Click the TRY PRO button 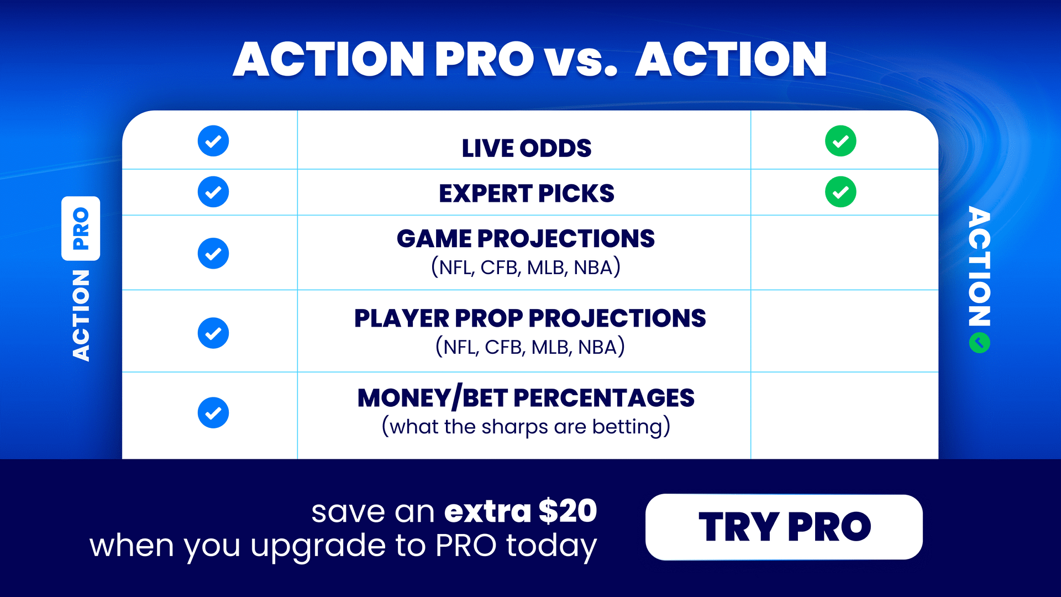[x=784, y=527]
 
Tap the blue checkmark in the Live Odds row [x=213, y=142]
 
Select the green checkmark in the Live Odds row [x=841, y=142]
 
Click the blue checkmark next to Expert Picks [x=213, y=192]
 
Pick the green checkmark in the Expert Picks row [x=841, y=192]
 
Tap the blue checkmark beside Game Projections [x=213, y=254]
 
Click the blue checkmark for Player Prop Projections [x=213, y=333]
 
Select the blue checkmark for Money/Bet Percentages [x=213, y=413]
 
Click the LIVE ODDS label [x=526, y=148]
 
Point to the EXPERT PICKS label [x=526, y=193]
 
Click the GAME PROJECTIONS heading [x=526, y=239]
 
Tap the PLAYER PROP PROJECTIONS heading [x=530, y=318]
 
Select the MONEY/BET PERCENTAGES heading [x=526, y=398]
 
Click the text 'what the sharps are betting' [x=526, y=427]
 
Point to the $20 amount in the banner [x=568, y=511]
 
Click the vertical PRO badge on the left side [x=81, y=228]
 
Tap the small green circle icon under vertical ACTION [x=979, y=343]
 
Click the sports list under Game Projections [x=526, y=268]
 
